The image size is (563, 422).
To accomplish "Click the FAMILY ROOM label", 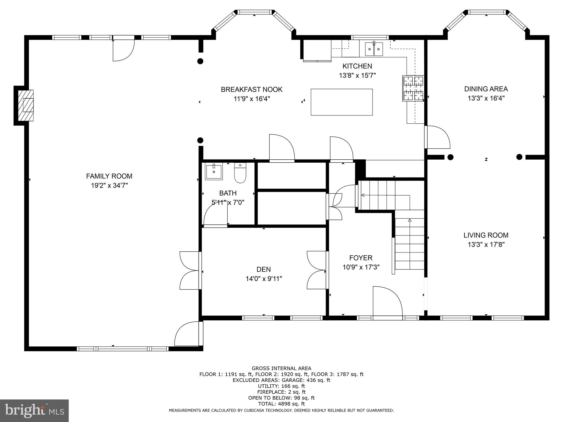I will pos(109,176).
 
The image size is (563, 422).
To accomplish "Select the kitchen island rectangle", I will pos(341,102).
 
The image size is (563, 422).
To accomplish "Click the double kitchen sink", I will pos(374,49).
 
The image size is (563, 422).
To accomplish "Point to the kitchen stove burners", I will pos(413,88).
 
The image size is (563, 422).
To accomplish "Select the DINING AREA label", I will pos(486,89).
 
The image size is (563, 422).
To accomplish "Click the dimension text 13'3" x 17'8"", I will pos(486,245).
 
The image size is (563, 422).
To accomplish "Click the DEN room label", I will pos(263,270).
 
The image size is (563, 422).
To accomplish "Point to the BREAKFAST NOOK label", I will pos(252,90).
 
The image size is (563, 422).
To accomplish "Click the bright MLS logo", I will pos(34,410).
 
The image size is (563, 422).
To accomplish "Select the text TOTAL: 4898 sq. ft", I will pos(281,404).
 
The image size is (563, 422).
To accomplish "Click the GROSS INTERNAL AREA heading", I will pos(281,368).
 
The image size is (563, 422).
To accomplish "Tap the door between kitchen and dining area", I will pos(437,137).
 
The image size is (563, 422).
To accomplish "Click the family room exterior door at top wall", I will pos(123,50).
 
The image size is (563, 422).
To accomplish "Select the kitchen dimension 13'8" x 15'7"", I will pos(357,76).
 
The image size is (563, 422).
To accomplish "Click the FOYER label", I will pos(361,258).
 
